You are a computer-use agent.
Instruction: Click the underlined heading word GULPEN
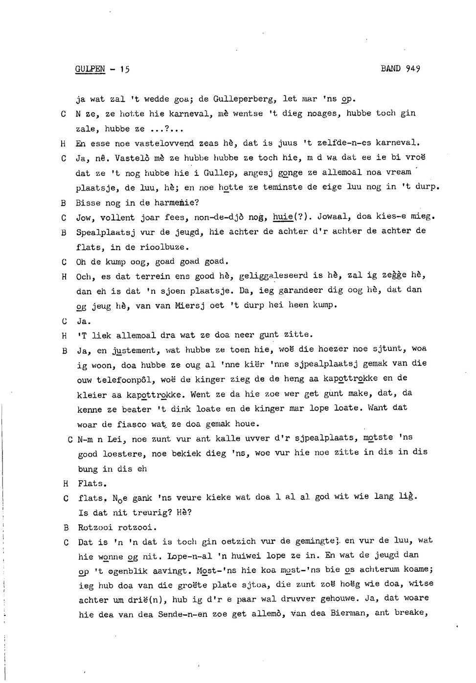click(x=90, y=69)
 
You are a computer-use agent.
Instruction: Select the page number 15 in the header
click(x=124, y=69)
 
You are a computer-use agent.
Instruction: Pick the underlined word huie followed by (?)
click(x=282, y=217)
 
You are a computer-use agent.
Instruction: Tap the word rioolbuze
click(x=165, y=247)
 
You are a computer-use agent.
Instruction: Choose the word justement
click(x=134, y=351)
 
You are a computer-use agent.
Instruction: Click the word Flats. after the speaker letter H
click(x=92, y=484)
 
